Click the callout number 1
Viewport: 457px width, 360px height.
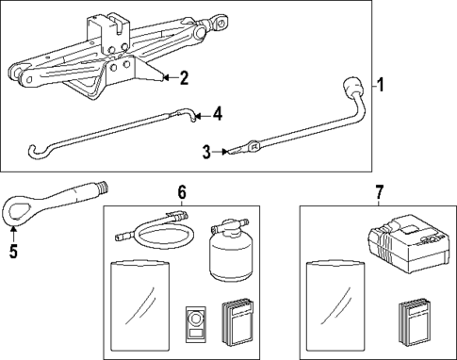click(x=380, y=85)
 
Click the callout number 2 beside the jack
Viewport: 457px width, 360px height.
click(x=184, y=78)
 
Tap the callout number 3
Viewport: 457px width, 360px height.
click(x=206, y=152)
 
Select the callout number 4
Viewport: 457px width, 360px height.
click(x=217, y=114)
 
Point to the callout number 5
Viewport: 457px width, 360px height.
click(x=13, y=252)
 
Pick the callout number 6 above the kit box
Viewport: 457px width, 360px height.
click(x=182, y=192)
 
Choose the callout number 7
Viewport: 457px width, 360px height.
click(x=379, y=192)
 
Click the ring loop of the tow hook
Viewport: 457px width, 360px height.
click(x=17, y=210)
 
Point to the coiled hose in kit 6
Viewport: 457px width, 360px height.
click(x=155, y=230)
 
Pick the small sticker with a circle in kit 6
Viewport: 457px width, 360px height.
click(x=196, y=323)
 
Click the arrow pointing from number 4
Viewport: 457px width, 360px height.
click(x=202, y=117)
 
